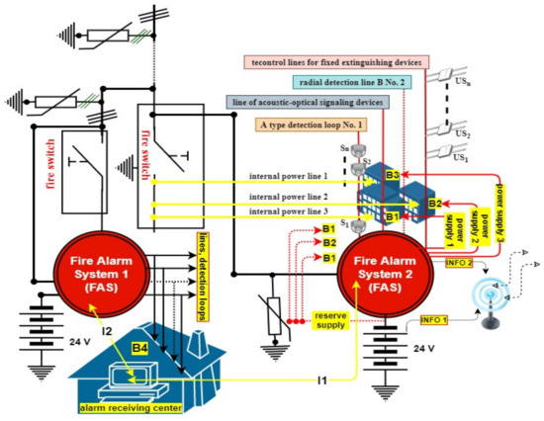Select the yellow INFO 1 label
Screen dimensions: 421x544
436,320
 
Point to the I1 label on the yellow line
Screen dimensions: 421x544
321,378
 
